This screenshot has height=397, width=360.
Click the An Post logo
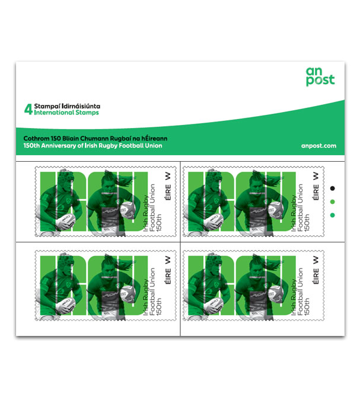coord(320,76)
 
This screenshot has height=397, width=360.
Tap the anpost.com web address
coord(318,146)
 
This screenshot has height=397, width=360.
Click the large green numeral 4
coord(28,109)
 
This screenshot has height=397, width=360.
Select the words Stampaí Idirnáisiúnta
coord(67,106)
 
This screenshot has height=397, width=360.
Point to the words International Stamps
coord(66,113)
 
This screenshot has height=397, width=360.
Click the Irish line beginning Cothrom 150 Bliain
coord(95,139)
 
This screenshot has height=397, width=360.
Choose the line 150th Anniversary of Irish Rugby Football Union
coord(93,146)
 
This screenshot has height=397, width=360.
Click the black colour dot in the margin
coord(333,188)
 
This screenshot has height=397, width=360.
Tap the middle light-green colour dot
coord(333,202)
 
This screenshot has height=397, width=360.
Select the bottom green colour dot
coord(333,215)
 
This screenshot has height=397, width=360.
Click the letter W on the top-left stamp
coord(168,176)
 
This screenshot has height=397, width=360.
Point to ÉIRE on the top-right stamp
coord(316,192)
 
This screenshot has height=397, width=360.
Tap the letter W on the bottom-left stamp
coord(168,260)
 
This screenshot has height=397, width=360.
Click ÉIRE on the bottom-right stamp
coord(316,276)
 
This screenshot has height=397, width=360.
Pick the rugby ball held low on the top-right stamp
coord(214,221)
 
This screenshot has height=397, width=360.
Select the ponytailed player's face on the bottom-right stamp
coord(258,271)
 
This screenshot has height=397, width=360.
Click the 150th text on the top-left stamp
coord(159,223)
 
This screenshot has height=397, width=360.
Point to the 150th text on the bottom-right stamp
coord(307,306)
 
